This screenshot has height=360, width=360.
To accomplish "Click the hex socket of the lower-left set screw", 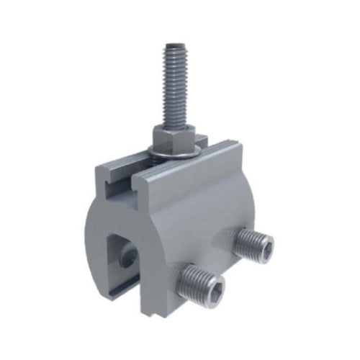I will pos(204,280).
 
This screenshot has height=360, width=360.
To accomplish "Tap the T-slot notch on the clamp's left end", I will pos(115,190).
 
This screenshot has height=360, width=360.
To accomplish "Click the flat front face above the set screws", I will pos(202,209).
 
